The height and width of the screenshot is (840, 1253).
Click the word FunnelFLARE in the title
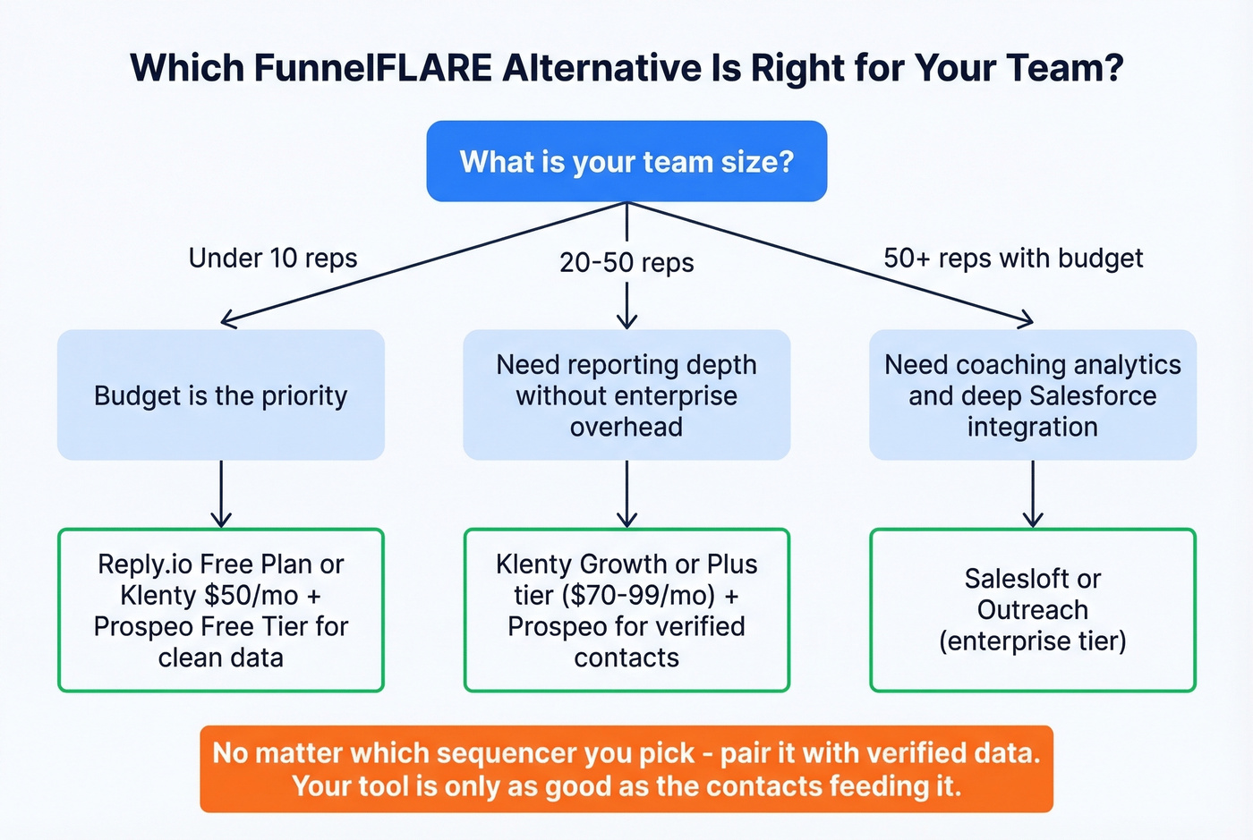tap(372, 69)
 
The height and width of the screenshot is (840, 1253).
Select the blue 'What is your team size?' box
tap(626, 162)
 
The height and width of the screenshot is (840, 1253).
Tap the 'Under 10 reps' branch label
tap(273, 259)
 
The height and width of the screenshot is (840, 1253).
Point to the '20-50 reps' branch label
tap(626, 263)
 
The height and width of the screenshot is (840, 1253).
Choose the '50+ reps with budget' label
tap(1013, 259)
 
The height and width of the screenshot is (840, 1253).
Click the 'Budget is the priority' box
tap(221, 395)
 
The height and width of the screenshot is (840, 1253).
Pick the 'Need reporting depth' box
tap(626, 395)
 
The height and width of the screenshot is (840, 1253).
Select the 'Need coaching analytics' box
tap(1033, 395)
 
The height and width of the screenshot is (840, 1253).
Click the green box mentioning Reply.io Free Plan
tap(221, 610)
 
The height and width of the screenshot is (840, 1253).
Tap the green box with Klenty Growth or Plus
tap(626, 610)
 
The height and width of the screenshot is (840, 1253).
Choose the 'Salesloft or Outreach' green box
tap(1033, 610)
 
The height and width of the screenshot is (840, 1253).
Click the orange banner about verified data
tap(626, 769)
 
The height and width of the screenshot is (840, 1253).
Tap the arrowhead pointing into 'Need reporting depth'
tap(626, 321)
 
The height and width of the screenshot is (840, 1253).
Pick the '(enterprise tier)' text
tap(1033, 641)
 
